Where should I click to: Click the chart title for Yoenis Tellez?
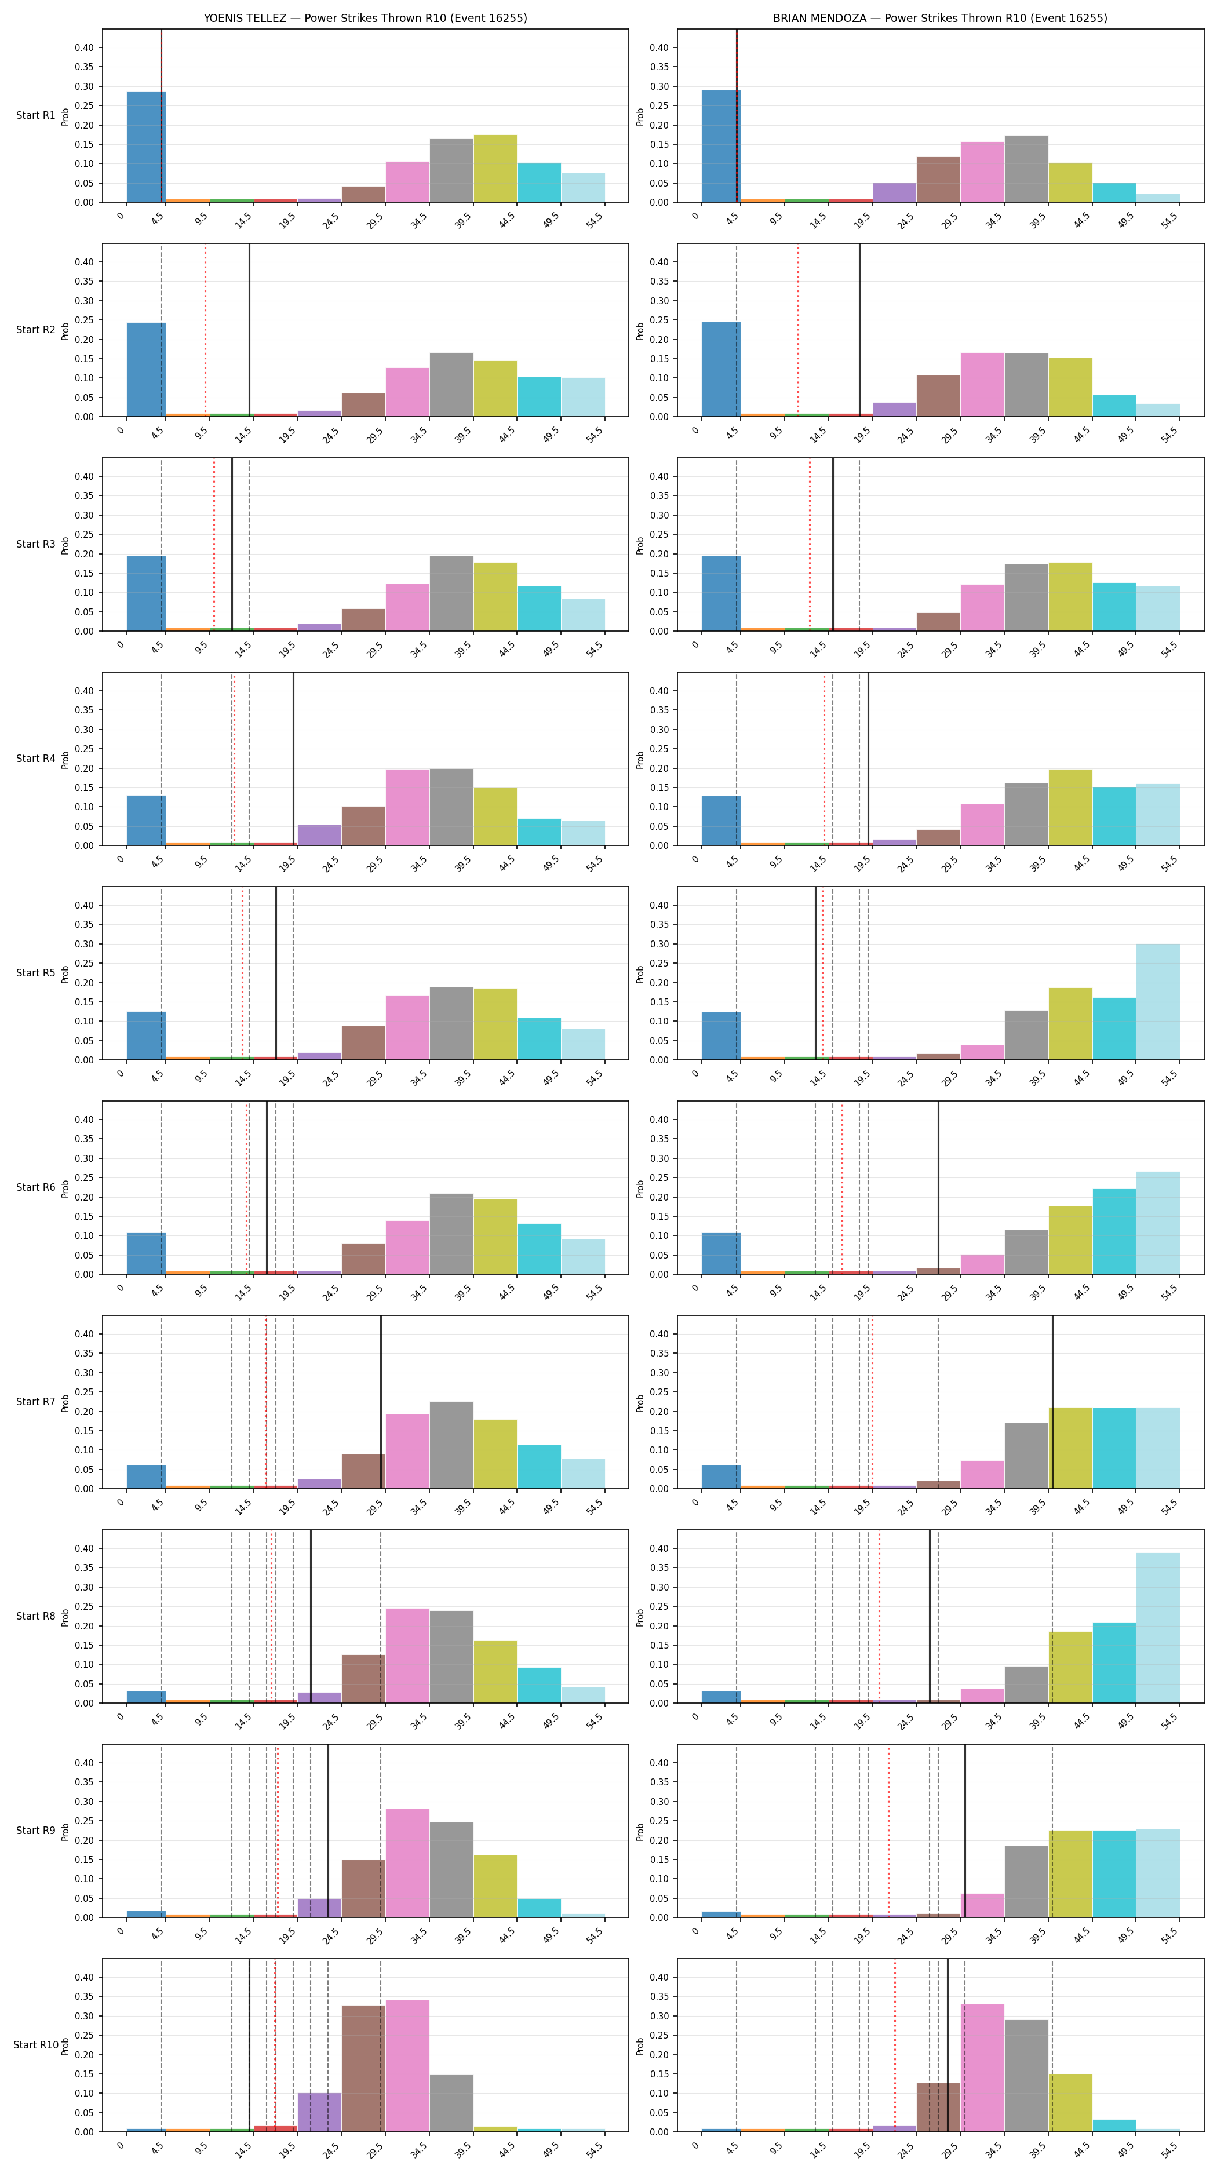pyautogui.click(x=365, y=18)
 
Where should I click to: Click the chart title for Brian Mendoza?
pyautogui.click(x=941, y=18)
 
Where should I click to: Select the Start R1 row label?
pyautogui.click(x=35, y=115)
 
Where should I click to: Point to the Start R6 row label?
pyautogui.click(x=35, y=1187)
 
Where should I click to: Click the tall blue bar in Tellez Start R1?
pyautogui.click(x=146, y=147)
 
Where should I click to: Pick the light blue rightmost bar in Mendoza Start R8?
pyautogui.click(x=1158, y=1628)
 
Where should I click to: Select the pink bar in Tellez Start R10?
pyautogui.click(x=407, y=2066)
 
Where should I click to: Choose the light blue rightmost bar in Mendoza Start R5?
pyautogui.click(x=1158, y=1001)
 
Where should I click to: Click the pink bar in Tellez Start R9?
pyautogui.click(x=407, y=1864)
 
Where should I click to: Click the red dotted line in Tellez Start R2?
pyautogui.click(x=205, y=331)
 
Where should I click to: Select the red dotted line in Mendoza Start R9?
pyautogui.click(x=888, y=1831)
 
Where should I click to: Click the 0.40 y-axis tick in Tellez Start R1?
pyautogui.click(x=85, y=48)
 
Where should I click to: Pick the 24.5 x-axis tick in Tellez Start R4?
pyautogui.click(x=330, y=863)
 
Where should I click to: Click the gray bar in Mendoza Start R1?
pyautogui.click(x=1026, y=169)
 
